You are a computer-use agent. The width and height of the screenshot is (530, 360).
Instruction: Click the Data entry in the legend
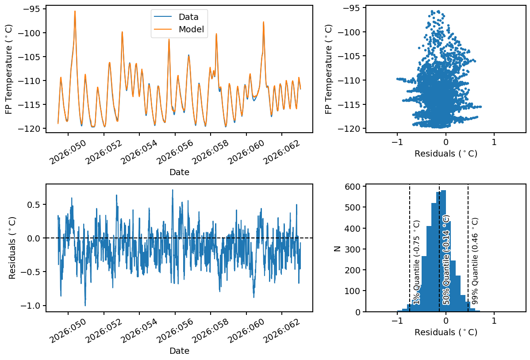(188, 17)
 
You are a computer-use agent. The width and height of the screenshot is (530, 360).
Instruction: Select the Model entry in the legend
(191, 30)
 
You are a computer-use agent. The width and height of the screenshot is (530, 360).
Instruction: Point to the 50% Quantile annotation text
(446, 260)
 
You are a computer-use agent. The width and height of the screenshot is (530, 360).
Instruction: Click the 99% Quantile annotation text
(475, 260)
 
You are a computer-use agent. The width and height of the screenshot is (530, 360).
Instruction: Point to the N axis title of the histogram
(337, 249)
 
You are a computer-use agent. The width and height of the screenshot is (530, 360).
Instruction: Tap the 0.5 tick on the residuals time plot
(34, 205)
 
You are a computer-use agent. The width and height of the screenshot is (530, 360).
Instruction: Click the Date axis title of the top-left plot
(179, 172)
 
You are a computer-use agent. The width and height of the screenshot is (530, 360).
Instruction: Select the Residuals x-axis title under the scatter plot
(446, 154)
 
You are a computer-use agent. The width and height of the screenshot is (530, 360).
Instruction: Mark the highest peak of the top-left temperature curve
(75, 11)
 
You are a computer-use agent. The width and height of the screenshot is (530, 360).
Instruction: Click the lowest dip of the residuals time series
(85, 305)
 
